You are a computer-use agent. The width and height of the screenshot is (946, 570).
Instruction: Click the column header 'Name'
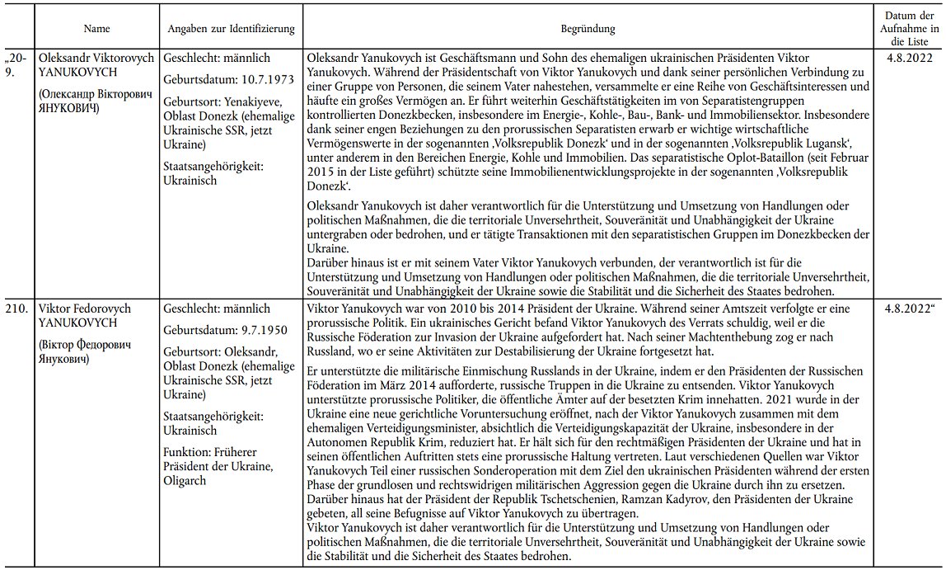tap(97, 29)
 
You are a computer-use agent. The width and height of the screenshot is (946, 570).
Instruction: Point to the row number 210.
tap(18, 309)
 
